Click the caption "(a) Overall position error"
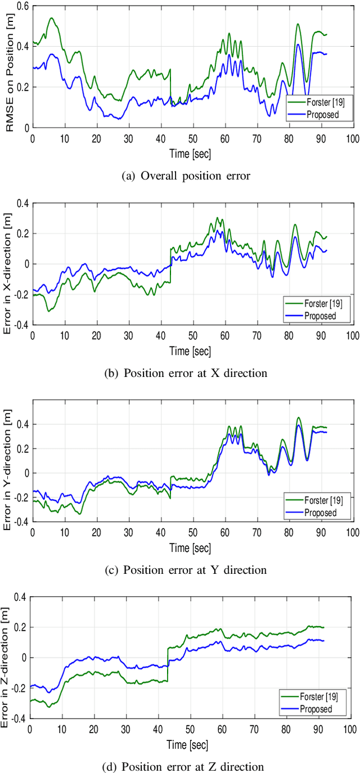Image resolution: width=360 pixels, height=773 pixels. click(x=186, y=175)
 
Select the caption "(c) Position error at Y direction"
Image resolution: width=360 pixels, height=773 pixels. click(x=186, y=570)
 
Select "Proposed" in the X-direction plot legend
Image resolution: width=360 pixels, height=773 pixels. click(x=320, y=316)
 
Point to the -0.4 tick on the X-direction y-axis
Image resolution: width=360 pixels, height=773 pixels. click(x=20, y=325)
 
